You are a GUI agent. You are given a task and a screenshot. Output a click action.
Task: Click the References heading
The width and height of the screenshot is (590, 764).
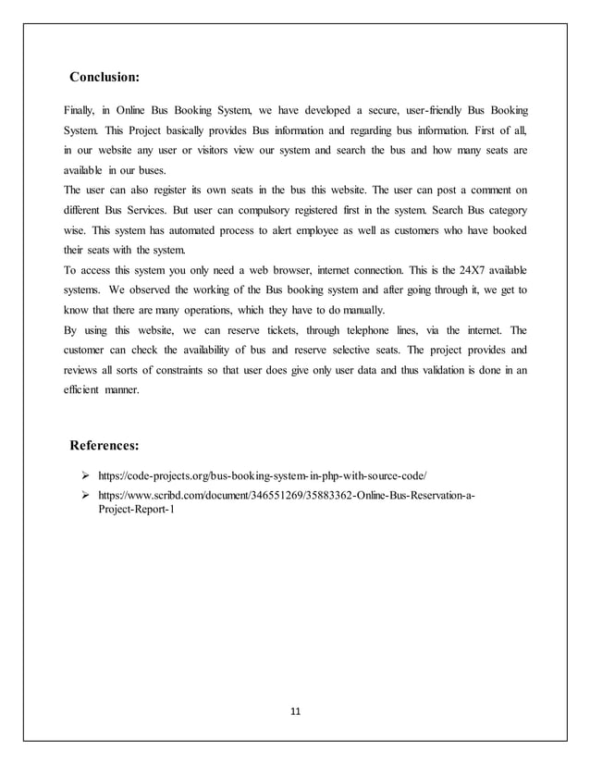tap(104, 447)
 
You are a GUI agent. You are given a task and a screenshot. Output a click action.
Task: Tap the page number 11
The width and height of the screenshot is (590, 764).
tap(296, 711)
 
